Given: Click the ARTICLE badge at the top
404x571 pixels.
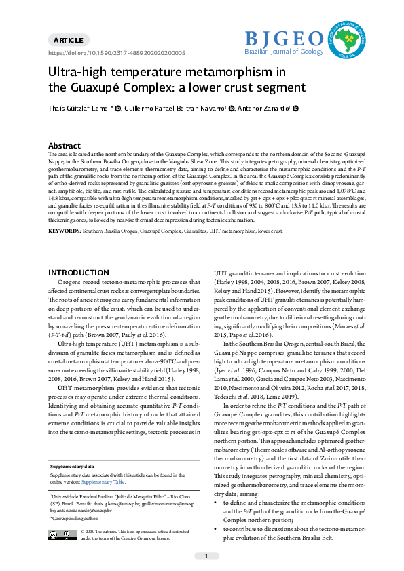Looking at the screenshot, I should point(68,41).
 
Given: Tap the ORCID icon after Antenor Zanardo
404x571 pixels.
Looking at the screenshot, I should point(295,109).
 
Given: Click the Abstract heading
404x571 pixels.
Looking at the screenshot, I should point(65,146).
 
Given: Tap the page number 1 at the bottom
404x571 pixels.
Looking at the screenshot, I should point(206,556).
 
